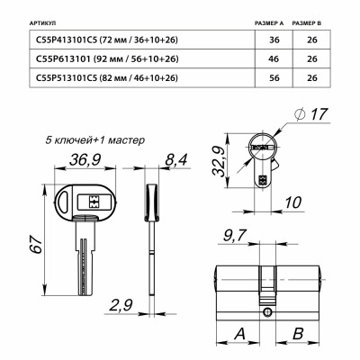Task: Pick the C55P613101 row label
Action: pos(109,58)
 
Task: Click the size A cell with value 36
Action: pos(265,40)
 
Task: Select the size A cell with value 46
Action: pos(265,58)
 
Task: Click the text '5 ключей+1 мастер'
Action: pos(95,140)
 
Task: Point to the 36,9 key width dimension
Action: pos(82,159)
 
